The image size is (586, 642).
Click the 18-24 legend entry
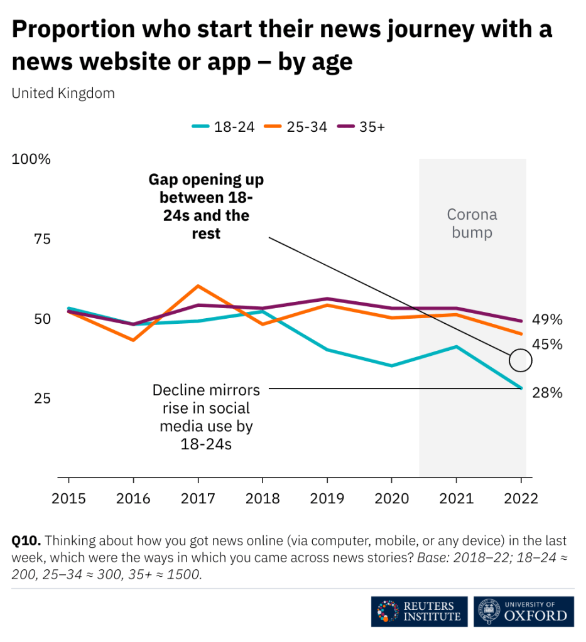[224, 126]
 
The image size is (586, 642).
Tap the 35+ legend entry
[362, 126]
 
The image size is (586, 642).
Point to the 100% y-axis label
[31, 159]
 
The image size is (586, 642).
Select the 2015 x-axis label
[68, 498]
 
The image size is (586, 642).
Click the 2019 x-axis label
[326, 498]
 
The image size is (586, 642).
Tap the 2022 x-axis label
[521, 498]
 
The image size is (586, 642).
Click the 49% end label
[547, 319]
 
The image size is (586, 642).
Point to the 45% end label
[547, 345]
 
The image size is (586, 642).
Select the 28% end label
[547, 393]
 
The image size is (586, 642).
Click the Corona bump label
[472, 223]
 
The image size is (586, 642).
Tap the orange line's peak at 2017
[198, 286]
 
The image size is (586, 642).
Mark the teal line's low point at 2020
[391, 365]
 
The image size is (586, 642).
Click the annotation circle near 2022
[521, 360]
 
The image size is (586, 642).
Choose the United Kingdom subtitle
[63, 94]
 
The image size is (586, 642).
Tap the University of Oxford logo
[524, 612]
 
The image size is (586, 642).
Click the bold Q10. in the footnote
[26, 540]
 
